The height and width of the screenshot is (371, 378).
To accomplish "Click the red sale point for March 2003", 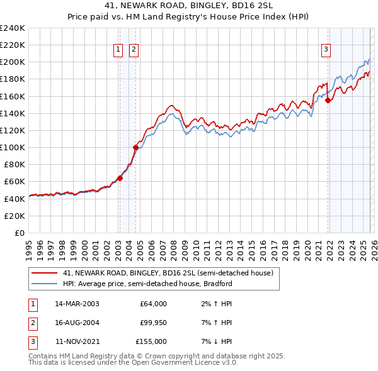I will (x=120, y=178).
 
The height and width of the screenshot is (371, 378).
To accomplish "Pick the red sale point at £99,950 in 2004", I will (x=135, y=147).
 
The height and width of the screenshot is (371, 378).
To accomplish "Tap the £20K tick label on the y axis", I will (x=14, y=216).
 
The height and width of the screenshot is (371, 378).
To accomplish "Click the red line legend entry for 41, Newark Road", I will (x=168, y=274).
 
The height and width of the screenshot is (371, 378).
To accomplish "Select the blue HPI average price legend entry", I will (x=147, y=284).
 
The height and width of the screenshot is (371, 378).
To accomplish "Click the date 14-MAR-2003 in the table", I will (x=77, y=304).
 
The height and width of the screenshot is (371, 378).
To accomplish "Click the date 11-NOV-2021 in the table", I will (x=77, y=341).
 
